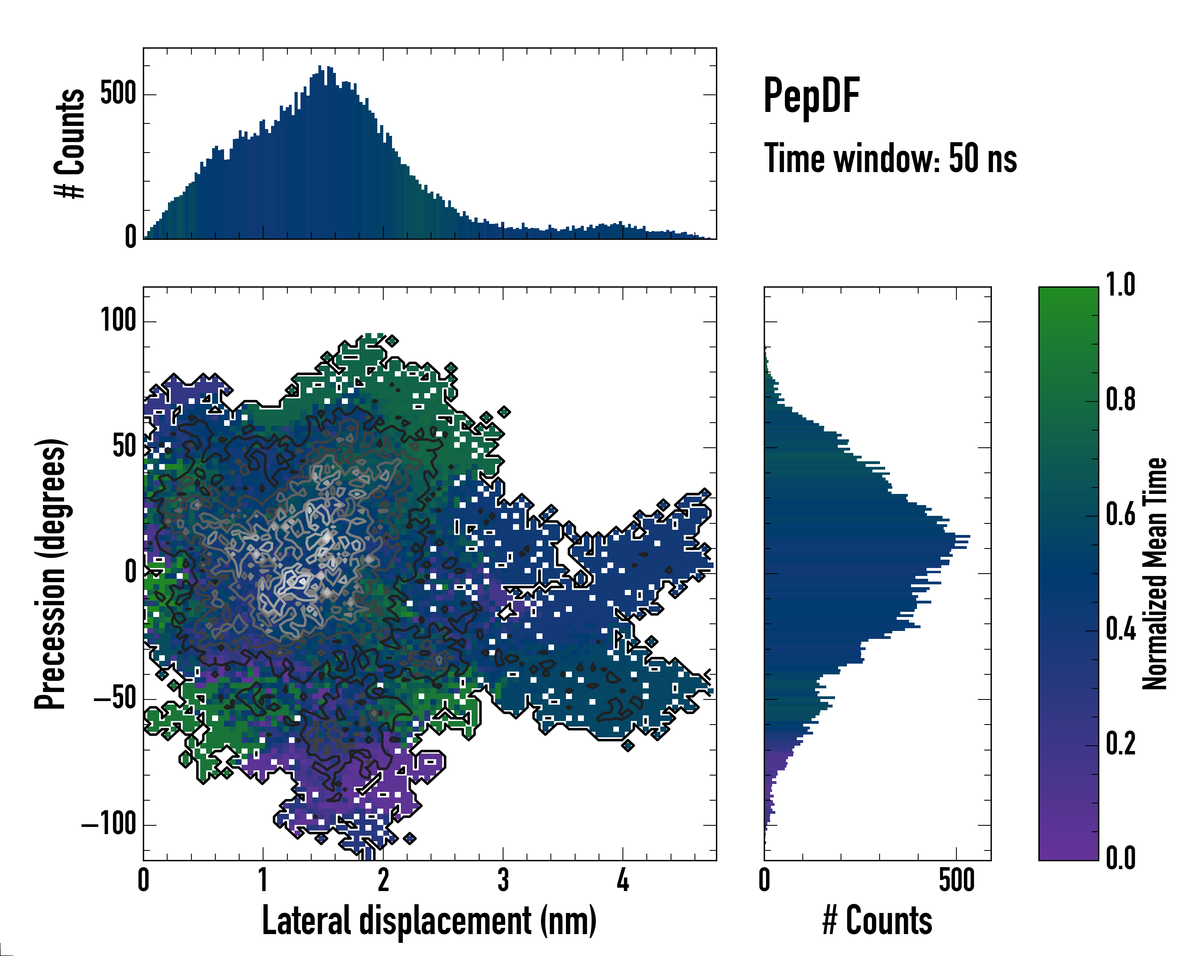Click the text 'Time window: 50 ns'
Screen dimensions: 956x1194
890,159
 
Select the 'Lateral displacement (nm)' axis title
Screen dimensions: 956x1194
429,921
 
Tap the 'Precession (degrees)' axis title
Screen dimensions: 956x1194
51,573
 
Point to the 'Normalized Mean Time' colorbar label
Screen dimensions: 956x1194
1155,573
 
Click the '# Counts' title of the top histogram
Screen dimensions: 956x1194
70,143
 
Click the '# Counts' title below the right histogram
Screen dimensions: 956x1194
877,921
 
